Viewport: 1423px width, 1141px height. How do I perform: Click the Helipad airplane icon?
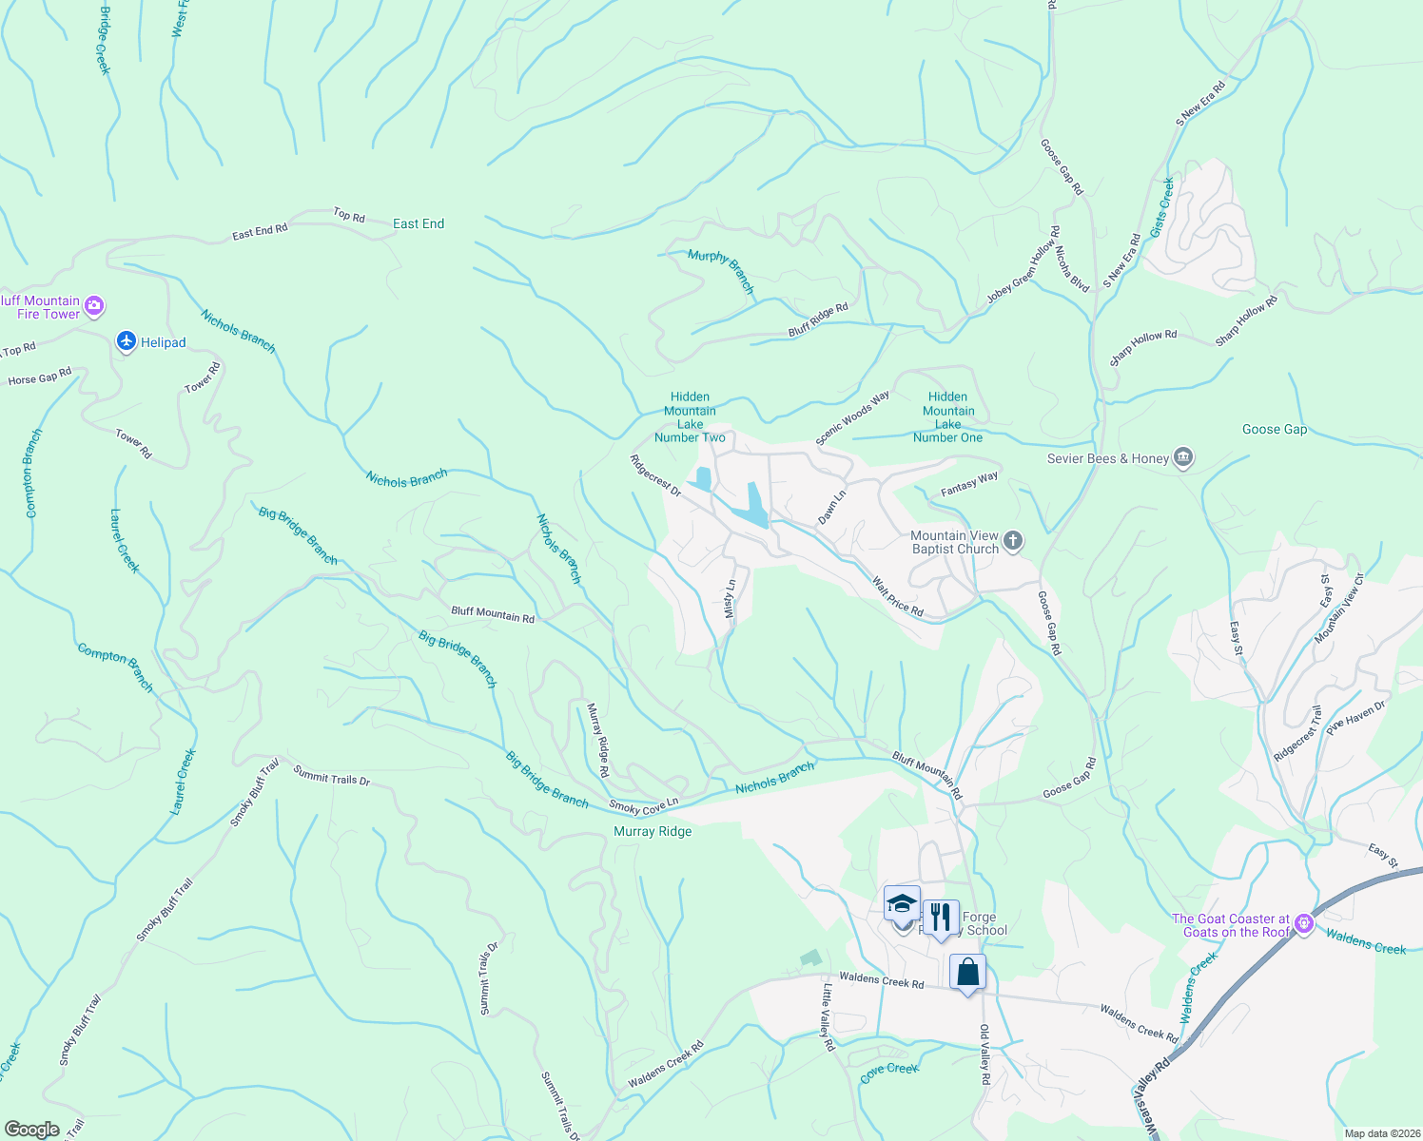126,341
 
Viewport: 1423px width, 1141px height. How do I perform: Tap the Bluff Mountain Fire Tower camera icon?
94,306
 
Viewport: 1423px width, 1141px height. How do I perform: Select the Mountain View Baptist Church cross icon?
1013,542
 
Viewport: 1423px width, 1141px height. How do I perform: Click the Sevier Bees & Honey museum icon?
1183,458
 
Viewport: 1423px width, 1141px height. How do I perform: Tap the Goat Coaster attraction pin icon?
1303,923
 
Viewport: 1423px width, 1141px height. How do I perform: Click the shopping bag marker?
967,973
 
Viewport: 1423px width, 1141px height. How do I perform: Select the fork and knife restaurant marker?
940,918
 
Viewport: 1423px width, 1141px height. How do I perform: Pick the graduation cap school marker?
901,904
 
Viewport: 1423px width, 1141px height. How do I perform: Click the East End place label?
419,223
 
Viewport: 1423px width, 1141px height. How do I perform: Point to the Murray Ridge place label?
653,831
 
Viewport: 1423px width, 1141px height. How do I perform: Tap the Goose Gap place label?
1275,429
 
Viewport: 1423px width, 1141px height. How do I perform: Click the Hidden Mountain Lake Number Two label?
690,417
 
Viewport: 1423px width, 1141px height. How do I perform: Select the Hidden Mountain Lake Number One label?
947,417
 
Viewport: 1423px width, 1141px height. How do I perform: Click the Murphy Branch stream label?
721,271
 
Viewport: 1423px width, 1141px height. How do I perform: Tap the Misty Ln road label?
731,599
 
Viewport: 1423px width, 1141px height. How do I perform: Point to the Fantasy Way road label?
969,484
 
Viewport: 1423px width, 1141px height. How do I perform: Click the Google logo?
32,1130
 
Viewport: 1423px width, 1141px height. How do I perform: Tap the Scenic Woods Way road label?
852,417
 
